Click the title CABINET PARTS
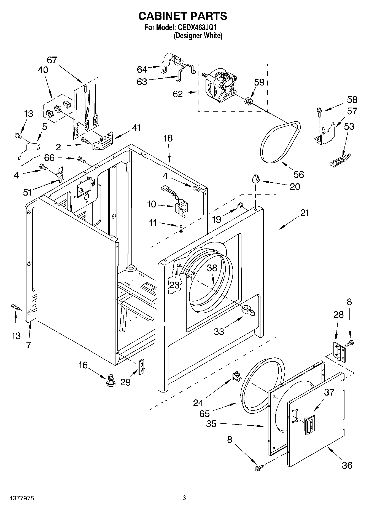click(182, 16)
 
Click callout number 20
click(295, 186)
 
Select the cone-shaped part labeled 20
click(255, 178)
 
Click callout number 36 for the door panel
click(347, 465)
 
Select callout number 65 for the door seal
click(204, 413)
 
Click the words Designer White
click(198, 36)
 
